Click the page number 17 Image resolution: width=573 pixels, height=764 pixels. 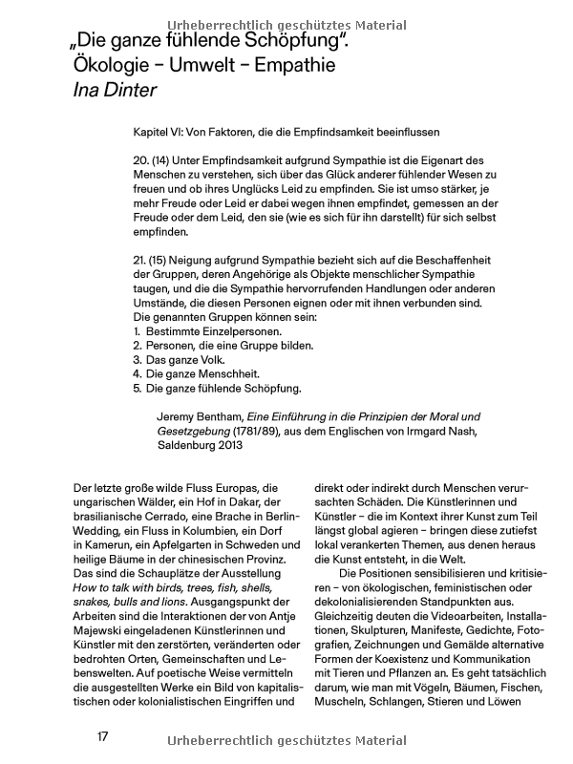coord(103,738)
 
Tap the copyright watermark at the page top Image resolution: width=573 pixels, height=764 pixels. coord(286,26)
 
